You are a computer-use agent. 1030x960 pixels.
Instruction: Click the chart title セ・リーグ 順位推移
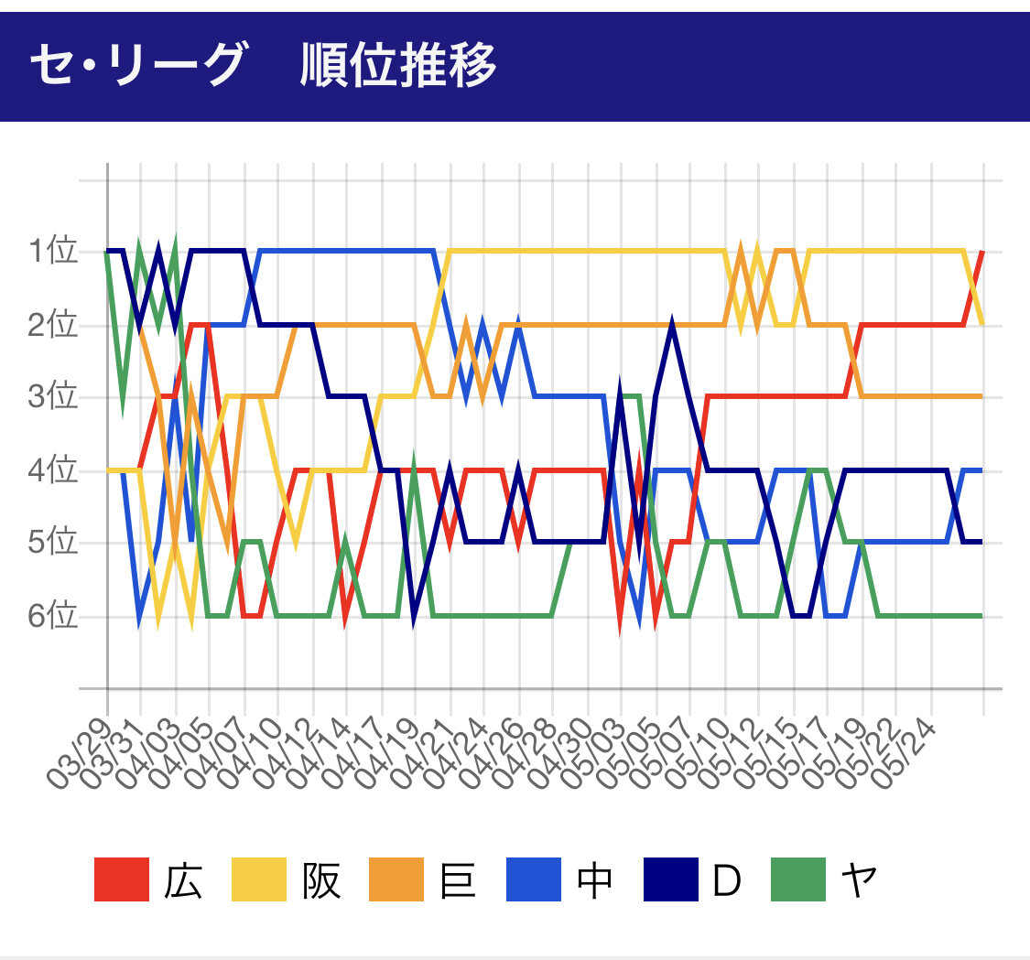tap(263, 65)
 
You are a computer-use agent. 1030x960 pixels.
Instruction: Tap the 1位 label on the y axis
tap(52, 252)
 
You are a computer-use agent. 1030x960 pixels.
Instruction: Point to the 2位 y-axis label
tap(52, 325)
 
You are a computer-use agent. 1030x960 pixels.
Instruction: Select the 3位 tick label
tap(52, 398)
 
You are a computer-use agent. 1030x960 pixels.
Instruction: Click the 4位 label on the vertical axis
tap(52, 471)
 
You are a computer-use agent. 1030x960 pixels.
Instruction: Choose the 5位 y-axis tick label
tap(52, 544)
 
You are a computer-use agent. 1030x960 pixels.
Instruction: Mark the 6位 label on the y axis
tap(52, 616)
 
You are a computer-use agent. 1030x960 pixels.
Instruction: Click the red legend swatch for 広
tap(121, 880)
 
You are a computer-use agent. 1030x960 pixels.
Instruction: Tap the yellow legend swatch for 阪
tap(258, 880)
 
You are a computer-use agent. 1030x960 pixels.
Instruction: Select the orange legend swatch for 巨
tap(396, 880)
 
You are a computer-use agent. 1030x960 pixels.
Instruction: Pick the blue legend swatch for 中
tap(533, 880)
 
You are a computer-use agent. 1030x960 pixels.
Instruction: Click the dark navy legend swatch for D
tap(670, 880)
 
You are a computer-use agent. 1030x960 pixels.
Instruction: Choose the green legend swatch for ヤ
tap(798, 880)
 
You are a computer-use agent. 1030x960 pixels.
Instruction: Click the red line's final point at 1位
tap(981, 252)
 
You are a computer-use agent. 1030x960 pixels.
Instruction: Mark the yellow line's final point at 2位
tap(982, 323)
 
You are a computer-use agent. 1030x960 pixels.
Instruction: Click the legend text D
tap(725, 880)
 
